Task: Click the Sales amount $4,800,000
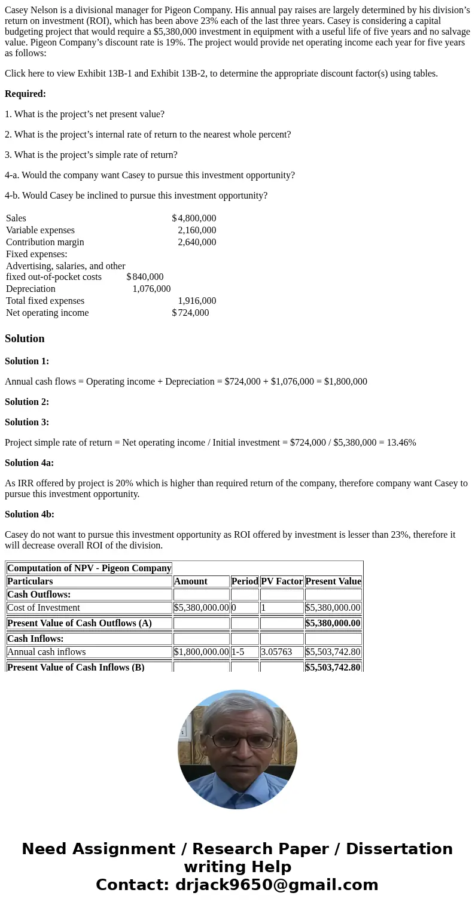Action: (x=194, y=218)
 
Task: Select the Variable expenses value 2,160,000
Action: (x=197, y=230)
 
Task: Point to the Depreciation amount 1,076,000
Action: (x=151, y=289)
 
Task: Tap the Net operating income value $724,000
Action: (x=190, y=313)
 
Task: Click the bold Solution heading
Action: (x=25, y=339)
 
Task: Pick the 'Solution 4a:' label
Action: (x=29, y=463)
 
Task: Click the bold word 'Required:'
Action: (x=25, y=94)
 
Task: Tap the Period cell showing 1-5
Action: (x=237, y=652)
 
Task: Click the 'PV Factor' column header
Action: (x=282, y=581)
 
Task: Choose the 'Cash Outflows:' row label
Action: (x=39, y=595)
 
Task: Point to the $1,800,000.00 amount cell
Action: (x=201, y=652)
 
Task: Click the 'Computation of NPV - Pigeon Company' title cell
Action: (x=89, y=568)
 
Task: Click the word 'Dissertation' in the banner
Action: (x=399, y=849)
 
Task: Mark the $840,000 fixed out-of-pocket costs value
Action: (x=145, y=277)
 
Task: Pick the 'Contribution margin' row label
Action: (x=45, y=242)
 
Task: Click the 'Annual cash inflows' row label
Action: (x=47, y=652)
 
